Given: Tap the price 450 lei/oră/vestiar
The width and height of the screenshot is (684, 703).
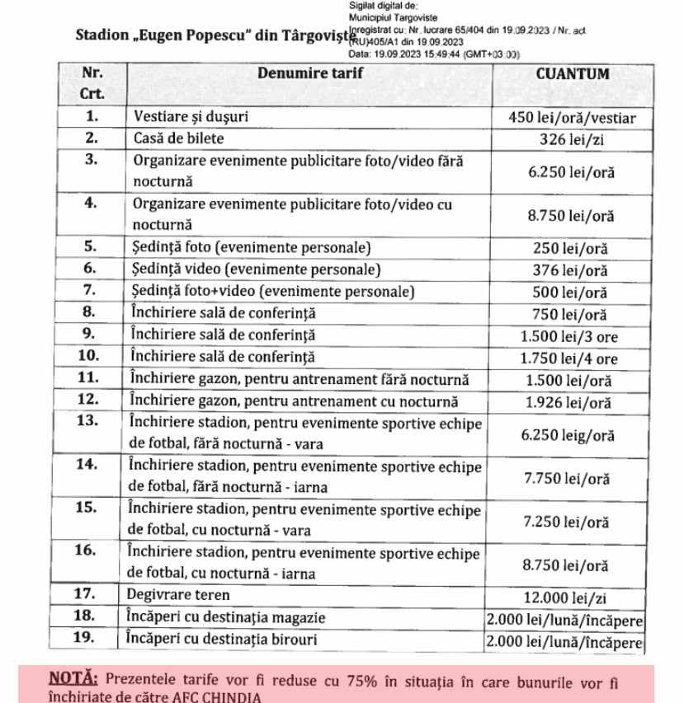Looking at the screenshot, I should [573, 118].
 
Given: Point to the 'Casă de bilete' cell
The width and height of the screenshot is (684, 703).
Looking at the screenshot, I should [179, 138].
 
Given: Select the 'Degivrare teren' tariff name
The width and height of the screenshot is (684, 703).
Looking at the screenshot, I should [178, 594].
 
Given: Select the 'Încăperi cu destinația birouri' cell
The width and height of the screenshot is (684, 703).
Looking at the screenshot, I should [224, 639].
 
